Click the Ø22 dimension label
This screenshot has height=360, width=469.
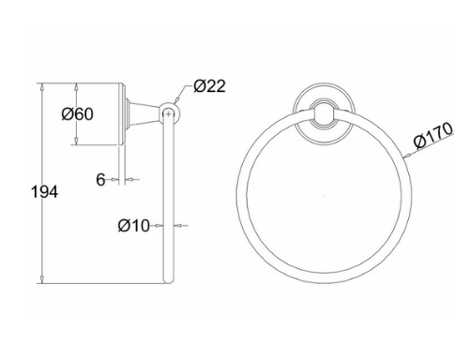pyautogui.click(x=209, y=86)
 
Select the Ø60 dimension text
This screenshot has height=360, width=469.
pyautogui.click(x=77, y=113)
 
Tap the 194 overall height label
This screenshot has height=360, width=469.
pyautogui.click(x=44, y=191)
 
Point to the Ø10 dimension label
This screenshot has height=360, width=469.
pyautogui.click(x=134, y=225)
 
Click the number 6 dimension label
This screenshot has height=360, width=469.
pyautogui.click(x=100, y=179)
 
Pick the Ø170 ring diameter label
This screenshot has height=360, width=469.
pyautogui.click(x=433, y=135)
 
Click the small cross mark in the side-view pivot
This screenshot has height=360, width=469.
pyautogui.click(x=169, y=114)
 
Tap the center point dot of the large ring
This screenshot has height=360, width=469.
pyautogui.click(x=325, y=196)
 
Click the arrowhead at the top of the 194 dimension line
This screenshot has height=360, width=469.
pyautogui.click(x=42, y=87)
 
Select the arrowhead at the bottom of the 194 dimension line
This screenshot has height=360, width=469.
pyautogui.click(x=42, y=279)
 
